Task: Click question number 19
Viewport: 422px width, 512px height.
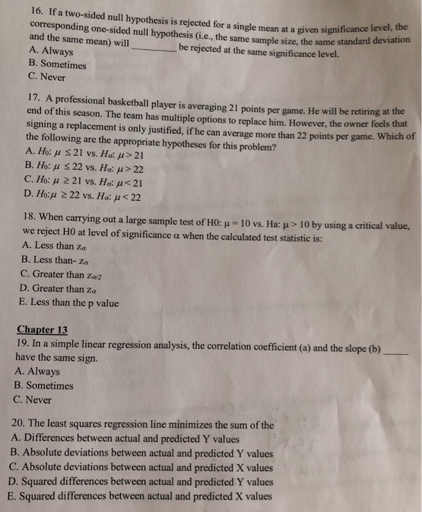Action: coord(21,343)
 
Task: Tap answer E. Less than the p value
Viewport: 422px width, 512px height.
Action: coord(70,303)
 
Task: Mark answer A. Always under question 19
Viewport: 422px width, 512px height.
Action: coord(37,372)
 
